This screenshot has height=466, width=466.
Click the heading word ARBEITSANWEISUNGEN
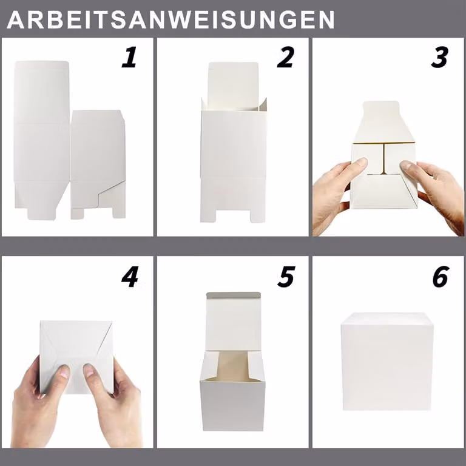pos(171,19)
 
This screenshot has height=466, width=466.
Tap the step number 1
pos(130,57)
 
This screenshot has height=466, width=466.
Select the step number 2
pos(286,57)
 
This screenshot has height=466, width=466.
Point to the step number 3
pos(440,57)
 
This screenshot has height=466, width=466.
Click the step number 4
pos(130,277)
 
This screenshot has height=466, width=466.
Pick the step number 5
pos(286,277)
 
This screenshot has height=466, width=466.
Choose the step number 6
pos(440,277)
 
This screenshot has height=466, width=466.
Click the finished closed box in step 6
pos(387,362)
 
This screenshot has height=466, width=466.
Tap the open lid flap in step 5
pos(233,322)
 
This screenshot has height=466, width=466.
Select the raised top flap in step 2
pos(233,86)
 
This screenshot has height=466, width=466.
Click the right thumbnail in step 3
pos(407,165)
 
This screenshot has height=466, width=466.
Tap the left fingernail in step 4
pos(64,371)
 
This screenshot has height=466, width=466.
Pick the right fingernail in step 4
pos(89,370)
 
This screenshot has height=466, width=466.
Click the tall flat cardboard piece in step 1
pos(42,140)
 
